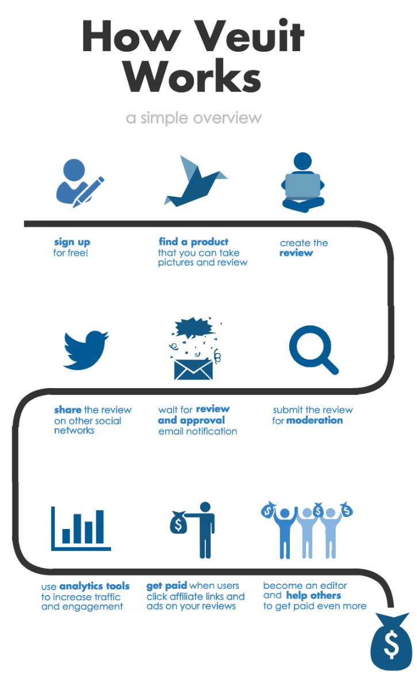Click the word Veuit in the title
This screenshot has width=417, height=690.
[250, 36]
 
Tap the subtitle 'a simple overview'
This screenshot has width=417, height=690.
[194, 118]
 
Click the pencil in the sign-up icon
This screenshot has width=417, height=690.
[89, 192]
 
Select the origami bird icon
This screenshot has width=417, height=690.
[196, 181]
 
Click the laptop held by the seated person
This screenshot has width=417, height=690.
[303, 187]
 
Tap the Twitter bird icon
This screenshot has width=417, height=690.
[86, 350]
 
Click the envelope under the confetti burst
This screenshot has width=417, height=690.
[193, 370]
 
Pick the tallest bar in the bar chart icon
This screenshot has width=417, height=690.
[100, 527]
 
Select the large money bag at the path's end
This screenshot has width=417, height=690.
[391, 642]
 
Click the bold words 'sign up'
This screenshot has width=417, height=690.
[72, 242]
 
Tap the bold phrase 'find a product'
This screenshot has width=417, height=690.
[194, 241]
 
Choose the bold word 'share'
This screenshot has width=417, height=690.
[68, 409]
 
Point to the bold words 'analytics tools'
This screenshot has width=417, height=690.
[94, 586]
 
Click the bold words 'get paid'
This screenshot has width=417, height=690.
[167, 585]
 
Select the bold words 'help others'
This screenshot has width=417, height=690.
[313, 596]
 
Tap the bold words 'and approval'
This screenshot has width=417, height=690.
[192, 420]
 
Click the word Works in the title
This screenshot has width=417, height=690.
[192, 76]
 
